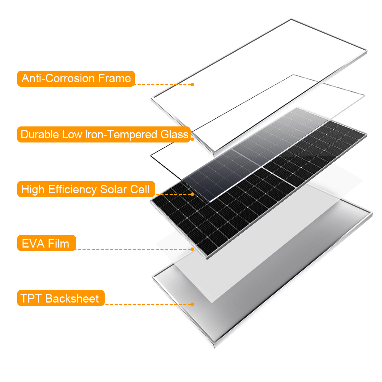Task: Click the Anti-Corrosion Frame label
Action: point(76,79)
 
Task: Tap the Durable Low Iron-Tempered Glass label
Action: point(104,134)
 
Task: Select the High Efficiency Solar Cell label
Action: point(86,189)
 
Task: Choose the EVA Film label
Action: point(47,243)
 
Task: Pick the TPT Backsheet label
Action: point(61,298)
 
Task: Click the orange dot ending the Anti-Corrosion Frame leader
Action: point(192,84)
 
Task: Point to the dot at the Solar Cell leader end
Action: point(192,194)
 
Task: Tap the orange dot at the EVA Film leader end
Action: point(192,249)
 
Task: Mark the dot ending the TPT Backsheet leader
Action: point(192,304)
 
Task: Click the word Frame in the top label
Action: point(114,78)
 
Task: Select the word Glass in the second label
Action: point(174,134)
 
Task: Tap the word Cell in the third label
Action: point(140,189)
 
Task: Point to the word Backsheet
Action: point(72,298)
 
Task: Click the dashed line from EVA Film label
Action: point(133,249)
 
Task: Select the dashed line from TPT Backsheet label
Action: point(147,304)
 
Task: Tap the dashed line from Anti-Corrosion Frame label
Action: point(163,84)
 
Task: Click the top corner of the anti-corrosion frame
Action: point(291,19)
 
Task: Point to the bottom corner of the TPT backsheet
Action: point(214,347)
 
